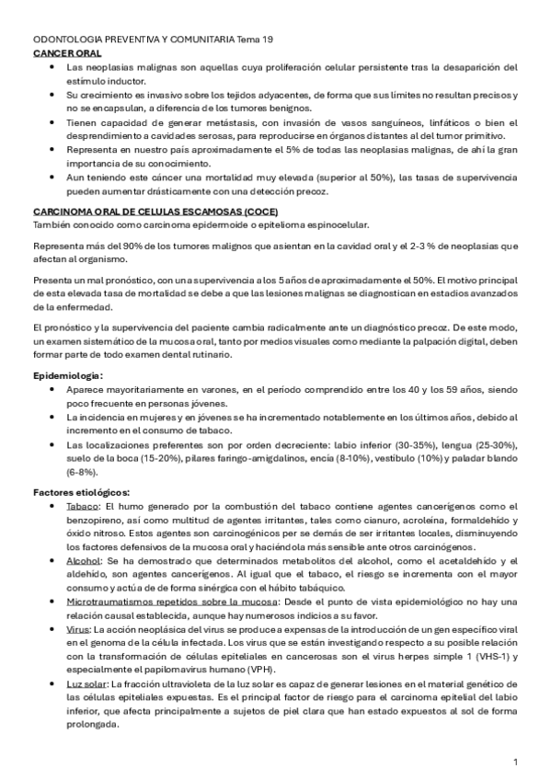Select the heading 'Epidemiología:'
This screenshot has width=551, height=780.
(68, 376)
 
